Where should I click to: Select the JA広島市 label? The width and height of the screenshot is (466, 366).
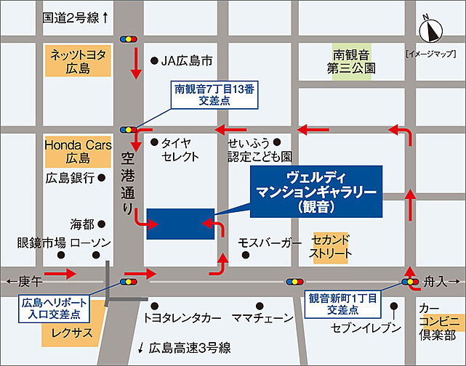[x=188, y=61]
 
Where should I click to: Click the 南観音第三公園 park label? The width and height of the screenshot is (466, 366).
[x=354, y=61]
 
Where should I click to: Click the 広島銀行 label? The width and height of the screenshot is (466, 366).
[x=71, y=177]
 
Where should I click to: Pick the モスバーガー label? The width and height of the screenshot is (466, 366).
[x=270, y=243]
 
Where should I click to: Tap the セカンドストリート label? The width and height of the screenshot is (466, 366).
[x=332, y=247]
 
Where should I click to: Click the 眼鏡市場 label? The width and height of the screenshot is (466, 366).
[x=41, y=243]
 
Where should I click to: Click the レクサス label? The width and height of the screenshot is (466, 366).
[x=69, y=333]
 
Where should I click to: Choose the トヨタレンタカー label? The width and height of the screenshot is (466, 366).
[x=182, y=318]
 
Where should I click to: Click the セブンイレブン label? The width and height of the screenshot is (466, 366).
[x=366, y=328]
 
